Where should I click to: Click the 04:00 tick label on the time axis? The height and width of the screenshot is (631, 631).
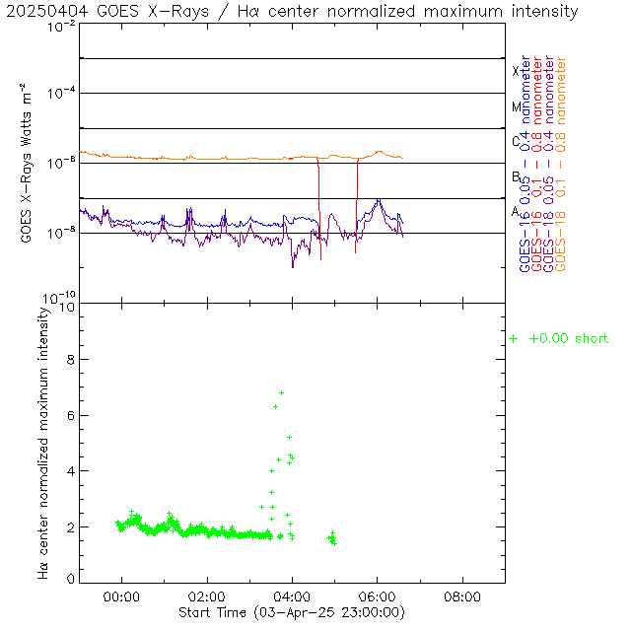292,596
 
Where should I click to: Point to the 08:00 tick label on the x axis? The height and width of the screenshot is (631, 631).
462,596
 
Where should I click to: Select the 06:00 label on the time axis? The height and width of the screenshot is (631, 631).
378,596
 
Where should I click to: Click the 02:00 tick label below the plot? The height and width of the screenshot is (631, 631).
207,596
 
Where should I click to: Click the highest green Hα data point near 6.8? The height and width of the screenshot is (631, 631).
281,393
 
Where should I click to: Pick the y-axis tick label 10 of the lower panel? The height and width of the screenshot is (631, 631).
67,307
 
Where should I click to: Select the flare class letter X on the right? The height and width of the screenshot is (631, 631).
516,71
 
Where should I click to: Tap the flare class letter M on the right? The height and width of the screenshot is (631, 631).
516,106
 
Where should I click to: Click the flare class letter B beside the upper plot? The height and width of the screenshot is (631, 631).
516,176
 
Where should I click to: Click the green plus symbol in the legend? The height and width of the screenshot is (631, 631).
513,338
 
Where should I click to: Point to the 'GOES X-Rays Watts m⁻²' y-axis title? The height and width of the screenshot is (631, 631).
29,163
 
